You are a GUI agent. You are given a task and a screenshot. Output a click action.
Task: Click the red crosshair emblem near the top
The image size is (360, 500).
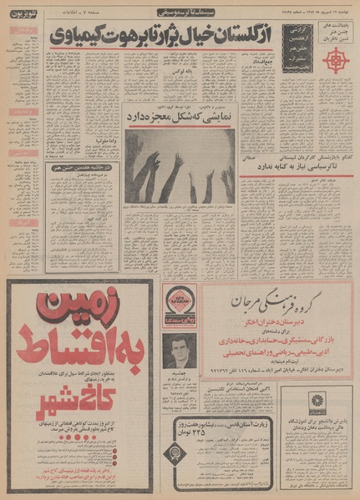[x=337, y=59]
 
